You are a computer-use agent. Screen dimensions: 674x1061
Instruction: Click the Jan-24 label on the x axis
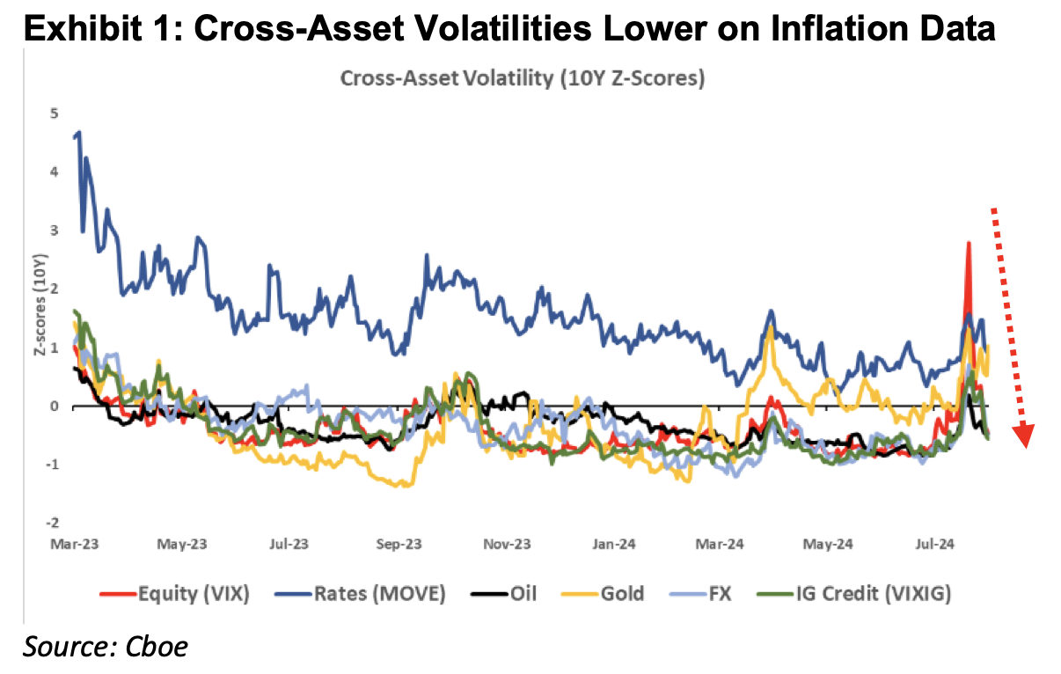click(x=614, y=545)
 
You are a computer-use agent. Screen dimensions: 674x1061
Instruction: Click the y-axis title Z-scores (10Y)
click(x=40, y=319)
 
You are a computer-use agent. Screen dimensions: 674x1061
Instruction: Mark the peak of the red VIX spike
click(x=968, y=244)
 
